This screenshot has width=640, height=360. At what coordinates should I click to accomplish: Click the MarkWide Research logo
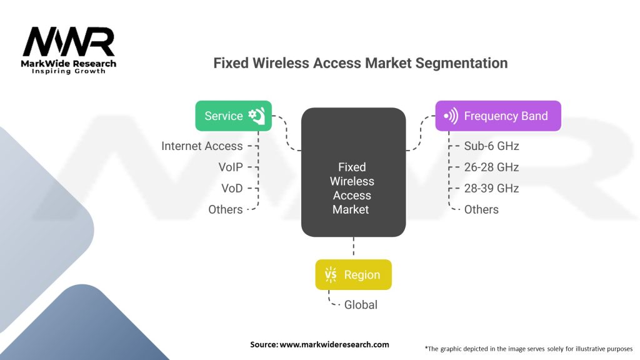tap(69, 51)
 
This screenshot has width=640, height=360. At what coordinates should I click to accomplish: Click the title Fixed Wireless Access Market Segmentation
tap(360, 63)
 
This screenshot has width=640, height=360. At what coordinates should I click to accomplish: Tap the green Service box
tap(233, 116)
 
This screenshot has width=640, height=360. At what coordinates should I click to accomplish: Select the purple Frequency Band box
tap(497, 116)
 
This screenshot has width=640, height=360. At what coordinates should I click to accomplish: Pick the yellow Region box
tap(353, 274)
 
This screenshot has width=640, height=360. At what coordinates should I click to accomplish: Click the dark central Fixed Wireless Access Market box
tap(353, 172)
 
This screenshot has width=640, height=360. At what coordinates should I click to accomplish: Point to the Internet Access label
tap(202, 146)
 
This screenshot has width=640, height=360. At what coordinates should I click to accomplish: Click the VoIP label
tap(230, 167)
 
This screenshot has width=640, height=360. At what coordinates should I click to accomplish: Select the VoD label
tap(231, 188)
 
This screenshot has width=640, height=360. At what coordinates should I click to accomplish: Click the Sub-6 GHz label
tap(491, 146)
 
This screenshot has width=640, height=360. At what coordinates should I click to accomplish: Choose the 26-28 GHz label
tap(491, 167)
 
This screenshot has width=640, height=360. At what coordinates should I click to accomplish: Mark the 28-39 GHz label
tap(491, 188)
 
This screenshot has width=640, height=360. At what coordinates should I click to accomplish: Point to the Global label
tap(361, 305)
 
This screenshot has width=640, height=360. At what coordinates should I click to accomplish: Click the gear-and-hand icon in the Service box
tap(256, 116)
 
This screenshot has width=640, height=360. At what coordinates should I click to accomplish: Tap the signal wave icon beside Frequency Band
tap(451, 116)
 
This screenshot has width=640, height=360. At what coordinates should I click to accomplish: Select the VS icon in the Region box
tap(330, 275)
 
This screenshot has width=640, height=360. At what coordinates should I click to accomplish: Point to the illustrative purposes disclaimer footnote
tap(528, 348)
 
